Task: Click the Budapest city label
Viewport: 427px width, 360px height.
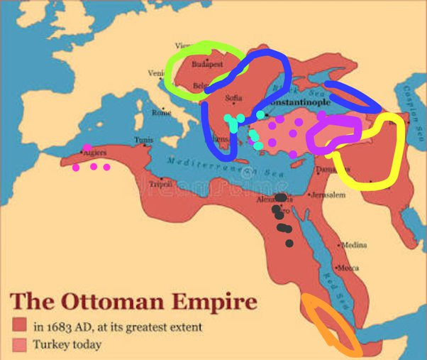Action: tap(208, 63)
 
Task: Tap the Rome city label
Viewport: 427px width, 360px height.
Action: tap(162, 112)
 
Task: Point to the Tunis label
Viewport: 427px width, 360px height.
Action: tap(143, 140)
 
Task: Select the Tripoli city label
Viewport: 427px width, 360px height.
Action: tap(160, 184)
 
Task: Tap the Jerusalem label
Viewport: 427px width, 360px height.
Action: tap(328, 195)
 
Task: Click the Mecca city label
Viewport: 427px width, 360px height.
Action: tap(348, 268)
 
